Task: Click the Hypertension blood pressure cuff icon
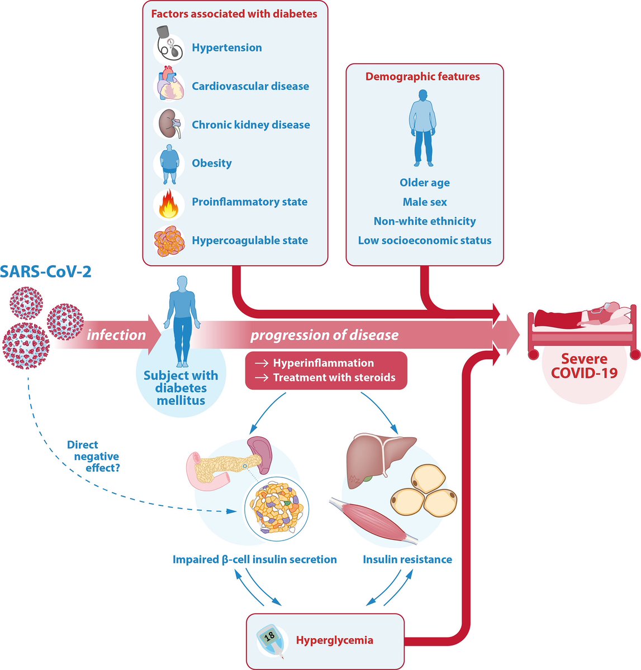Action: (x=169, y=48)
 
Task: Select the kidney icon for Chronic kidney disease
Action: (x=169, y=125)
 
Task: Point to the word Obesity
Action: (x=212, y=164)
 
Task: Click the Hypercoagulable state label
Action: (x=250, y=241)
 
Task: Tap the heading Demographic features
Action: (x=422, y=76)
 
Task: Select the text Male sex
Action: (x=425, y=202)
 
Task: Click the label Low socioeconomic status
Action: (x=425, y=241)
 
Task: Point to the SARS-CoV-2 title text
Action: (x=46, y=272)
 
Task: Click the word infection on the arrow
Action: (x=116, y=335)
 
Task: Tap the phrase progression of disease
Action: (x=324, y=335)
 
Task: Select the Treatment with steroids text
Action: (x=334, y=378)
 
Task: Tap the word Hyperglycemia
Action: (x=334, y=640)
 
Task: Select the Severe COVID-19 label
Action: (x=584, y=366)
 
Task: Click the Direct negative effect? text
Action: (x=93, y=456)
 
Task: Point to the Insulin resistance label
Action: (x=407, y=559)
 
